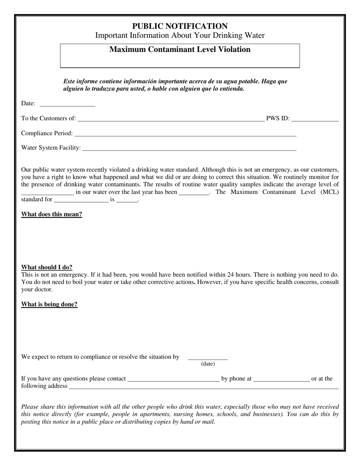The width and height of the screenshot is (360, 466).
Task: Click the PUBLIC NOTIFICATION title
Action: click(180, 26)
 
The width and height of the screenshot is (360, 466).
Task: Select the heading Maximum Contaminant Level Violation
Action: click(180, 50)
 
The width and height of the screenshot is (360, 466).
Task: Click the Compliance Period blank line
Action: click(185, 135)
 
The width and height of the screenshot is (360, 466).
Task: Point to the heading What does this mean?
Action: click(52, 214)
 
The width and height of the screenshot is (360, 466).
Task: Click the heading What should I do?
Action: click(47, 267)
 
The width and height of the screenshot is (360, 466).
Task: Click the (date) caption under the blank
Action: click(208, 364)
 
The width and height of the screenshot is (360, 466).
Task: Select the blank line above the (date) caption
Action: click(208, 358)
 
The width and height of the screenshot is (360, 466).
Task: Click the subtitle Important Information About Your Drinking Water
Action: click(180, 36)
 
